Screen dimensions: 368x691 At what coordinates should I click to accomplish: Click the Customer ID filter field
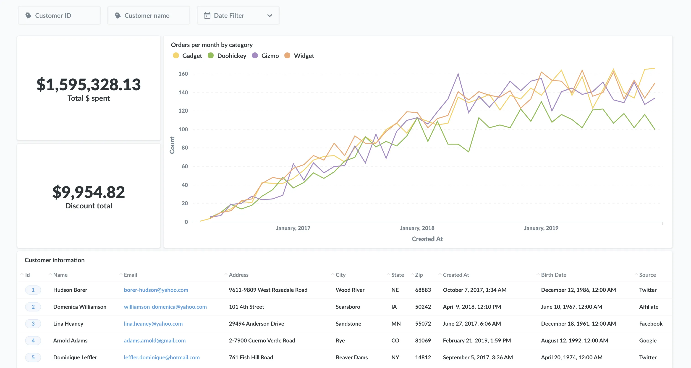click(x=59, y=16)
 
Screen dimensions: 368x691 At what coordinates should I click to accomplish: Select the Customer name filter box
click(x=148, y=16)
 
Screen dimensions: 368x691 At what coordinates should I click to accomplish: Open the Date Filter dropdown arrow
click(x=270, y=16)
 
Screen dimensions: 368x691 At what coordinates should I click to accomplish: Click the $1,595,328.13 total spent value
click(x=89, y=84)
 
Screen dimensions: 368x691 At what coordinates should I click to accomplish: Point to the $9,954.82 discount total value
click(x=89, y=192)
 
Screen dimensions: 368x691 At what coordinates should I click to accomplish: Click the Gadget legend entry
click(x=188, y=56)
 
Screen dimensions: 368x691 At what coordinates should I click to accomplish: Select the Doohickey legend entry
click(x=228, y=56)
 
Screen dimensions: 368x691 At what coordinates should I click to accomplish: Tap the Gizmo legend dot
click(x=255, y=55)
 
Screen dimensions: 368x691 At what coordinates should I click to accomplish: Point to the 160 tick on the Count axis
click(x=183, y=74)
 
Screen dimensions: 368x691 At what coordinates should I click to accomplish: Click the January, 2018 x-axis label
click(x=417, y=228)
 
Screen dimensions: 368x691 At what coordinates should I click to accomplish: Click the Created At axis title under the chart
click(x=427, y=239)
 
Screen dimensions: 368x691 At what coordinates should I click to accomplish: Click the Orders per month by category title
click(x=212, y=45)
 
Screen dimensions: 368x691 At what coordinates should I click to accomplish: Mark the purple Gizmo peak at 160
click(x=458, y=73)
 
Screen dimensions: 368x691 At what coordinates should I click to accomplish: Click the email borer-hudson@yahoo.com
click(x=156, y=290)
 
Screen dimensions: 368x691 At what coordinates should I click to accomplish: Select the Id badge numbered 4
click(x=33, y=340)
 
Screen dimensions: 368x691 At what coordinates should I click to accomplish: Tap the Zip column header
click(x=419, y=275)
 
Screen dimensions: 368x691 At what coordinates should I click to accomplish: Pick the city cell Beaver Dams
click(x=351, y=357)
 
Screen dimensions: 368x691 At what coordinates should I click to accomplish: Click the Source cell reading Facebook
click(x=651, y=324)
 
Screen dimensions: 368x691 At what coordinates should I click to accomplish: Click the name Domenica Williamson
click(x=80, y=307)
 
